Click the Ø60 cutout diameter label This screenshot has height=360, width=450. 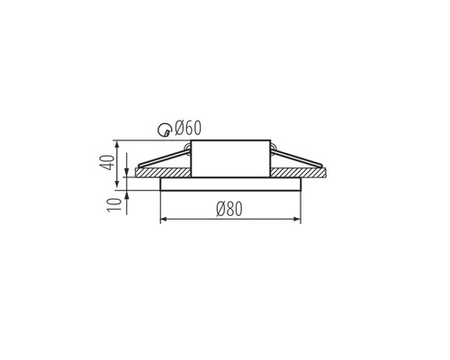click(x=188, y=128)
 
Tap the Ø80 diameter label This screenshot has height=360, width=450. click(x=229, y=209)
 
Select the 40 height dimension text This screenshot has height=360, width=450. click(x=107, y=163)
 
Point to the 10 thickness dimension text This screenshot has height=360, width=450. click(x=115, y=205)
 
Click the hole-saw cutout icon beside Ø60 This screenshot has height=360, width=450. click(x=165, y=130)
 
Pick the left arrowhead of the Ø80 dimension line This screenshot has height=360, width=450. click(x=164, y=220)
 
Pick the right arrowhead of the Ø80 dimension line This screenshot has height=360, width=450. click(x=297, y=220)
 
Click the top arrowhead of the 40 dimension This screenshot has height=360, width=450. click(x=117, y=144)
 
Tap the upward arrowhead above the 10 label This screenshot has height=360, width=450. click(x=127, y=193)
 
